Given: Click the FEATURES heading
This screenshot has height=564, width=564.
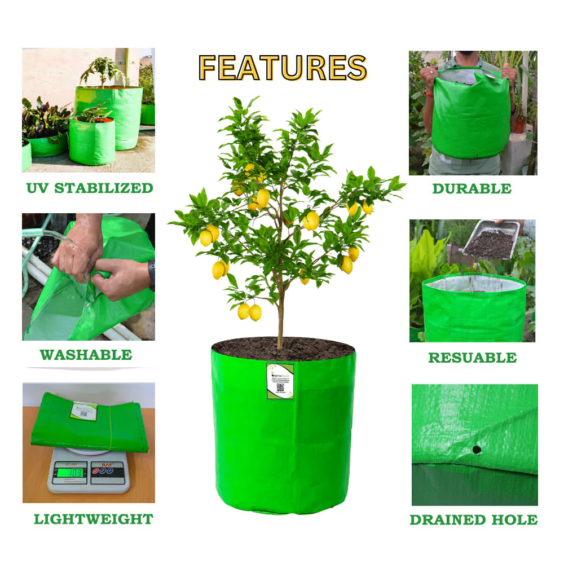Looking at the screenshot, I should [x=283, y=68].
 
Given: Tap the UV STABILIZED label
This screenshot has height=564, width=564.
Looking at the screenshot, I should [x=90, y=188].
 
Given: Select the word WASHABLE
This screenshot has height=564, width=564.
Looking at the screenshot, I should [x=86, y=355].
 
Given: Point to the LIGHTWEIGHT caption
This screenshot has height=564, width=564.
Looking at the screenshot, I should [x=94, y=519].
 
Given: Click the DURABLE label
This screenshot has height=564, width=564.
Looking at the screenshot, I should [x=472, y=188].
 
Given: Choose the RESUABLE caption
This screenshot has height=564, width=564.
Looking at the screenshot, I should [x=472, y=357].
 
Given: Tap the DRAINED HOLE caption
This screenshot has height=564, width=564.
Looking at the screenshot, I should [x=473, y=519].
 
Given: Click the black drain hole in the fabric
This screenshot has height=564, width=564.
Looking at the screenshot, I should [x=477, y=450].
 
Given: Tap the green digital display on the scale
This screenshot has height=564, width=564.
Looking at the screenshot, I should [x=69, y=472].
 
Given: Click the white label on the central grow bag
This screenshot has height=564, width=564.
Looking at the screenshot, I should [x=280, y=381].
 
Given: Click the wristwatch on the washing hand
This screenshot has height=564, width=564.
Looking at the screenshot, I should [x=151, y=275].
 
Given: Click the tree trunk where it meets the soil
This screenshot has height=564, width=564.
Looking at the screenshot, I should [x=280, y=344].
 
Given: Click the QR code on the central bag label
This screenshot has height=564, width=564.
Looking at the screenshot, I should [x=280, y=388].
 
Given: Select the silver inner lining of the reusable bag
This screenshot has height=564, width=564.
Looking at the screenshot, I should [x=474, y=284].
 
